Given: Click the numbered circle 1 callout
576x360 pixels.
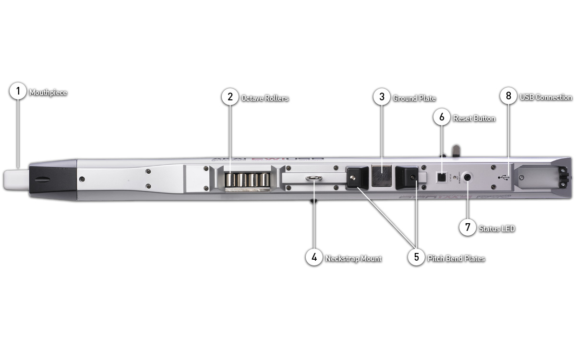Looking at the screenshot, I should [x=18, y=91].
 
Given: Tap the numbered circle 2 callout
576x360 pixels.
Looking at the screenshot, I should [x=230, y=97].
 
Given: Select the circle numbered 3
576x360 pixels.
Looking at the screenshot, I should [x=382, y=97].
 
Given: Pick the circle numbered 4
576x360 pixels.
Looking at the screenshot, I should [x=314, y=257].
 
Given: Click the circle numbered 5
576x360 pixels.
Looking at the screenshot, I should [x=416, y=257].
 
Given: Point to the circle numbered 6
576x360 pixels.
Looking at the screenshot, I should [x=442, y=117].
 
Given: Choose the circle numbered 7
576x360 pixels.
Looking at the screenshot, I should [x=468, y=228].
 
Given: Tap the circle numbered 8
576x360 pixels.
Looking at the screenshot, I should [x=508, y=96].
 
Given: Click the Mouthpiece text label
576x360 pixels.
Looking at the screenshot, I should [x=48, y=93].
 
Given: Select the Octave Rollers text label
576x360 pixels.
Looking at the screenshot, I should [x=265, y=98].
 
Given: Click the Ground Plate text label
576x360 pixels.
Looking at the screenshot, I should [x=414, y=98].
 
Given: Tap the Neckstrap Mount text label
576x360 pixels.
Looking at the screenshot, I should [x=353, y=259].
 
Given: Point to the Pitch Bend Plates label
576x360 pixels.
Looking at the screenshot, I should [x=456, y=259].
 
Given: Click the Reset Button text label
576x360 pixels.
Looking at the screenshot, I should [x=474, y=118].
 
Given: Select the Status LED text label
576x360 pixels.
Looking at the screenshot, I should [x=497, y=228].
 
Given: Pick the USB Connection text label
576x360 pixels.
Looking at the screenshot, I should [x=546, y=97].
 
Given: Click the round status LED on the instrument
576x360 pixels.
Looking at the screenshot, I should [x=468, y=176].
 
